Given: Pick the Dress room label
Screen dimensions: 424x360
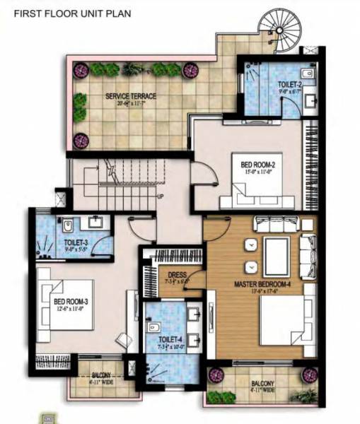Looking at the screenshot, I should click(178, 276).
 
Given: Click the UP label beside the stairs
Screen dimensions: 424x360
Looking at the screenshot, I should click(161, 196).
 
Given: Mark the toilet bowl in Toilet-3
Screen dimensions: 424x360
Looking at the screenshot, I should click(66, 227).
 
